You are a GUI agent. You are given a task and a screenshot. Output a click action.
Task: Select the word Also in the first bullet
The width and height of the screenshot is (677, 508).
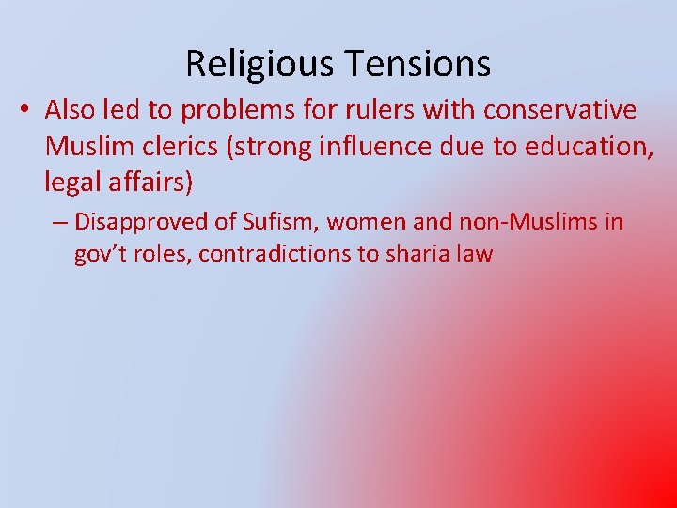click(69, 110)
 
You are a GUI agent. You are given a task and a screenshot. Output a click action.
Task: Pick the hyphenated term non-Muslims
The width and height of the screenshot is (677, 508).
click(523, 222)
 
